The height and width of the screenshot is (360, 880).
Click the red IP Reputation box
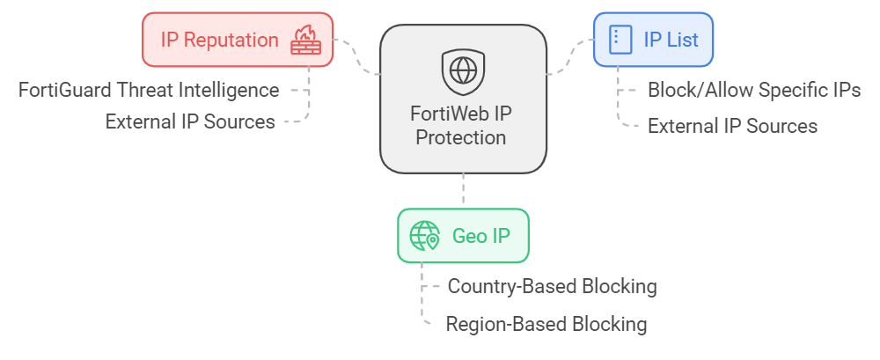click(x=238, y=40)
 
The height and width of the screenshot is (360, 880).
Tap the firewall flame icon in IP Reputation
click(x=307, y=40)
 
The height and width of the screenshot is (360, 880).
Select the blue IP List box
click(x=652, y=40)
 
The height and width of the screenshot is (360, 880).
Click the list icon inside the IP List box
click(x=621, y=40)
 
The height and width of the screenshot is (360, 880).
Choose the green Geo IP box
click(x=463, y=236)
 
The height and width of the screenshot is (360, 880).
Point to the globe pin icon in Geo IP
click(x=425, y=236)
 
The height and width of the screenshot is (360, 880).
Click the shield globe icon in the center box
click(x=462, y=70)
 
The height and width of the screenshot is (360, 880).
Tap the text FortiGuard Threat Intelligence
click(x=149, y=90)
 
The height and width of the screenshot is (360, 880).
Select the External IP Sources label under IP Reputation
click(x=190, y=121)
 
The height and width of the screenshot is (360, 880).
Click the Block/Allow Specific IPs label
click(x=754, y=90)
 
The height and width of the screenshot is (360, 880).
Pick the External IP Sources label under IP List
click(x=732, y=126)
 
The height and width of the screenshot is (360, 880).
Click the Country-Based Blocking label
click(x=552, y=286)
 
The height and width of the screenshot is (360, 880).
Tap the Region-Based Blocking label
click(x=546, y=324)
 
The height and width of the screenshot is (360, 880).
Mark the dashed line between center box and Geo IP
click(x=463, y=189)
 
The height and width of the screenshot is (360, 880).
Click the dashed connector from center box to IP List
click(x=569, y=58)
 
